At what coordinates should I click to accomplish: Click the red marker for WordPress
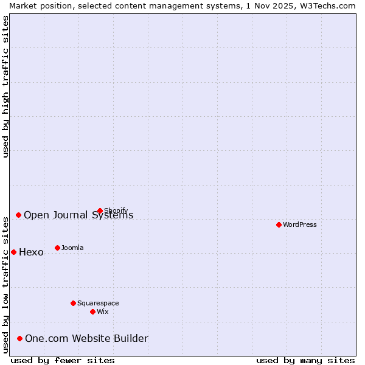point(279,224)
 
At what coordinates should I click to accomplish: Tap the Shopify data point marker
point(100,211)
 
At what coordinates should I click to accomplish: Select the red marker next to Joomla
point(57,248)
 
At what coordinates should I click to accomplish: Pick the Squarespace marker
point(73,303)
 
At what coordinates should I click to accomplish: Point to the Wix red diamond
point(92,311)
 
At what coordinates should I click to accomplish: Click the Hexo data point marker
point(13,252)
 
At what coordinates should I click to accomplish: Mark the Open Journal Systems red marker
point(18,215)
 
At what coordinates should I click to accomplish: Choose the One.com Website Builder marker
point(19,338)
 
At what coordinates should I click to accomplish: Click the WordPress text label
point(300,224)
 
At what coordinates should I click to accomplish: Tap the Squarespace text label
point(98,303)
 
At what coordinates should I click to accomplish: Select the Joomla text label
point(72,248)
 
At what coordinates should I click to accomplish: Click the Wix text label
point(103,311)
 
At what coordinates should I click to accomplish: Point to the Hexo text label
point(31,252)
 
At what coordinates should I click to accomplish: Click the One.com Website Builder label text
point(86,339)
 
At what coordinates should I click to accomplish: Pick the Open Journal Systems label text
point(78,215)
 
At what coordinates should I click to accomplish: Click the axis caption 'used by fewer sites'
point(63,360)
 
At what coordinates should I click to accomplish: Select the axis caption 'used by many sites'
point(305,360)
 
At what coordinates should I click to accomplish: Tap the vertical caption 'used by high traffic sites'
point(5,86)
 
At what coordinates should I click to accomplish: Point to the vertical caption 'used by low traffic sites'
point(5,284)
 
